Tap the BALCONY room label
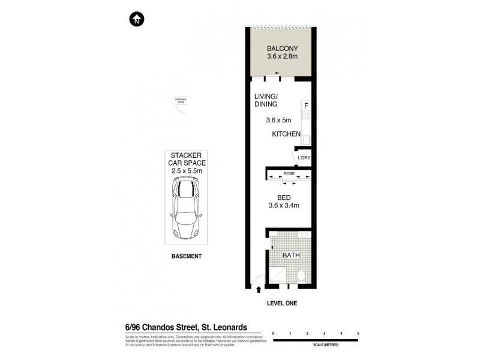282,49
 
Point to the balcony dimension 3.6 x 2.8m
282,58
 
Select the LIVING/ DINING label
266,100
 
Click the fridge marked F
306,106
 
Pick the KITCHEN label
286,134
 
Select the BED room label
284,197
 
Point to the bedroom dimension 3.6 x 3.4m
284,206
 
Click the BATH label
290,255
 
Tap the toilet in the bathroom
302,275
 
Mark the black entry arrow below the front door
259,290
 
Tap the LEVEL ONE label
281,304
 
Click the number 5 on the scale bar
358,332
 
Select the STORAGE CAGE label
181,100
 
